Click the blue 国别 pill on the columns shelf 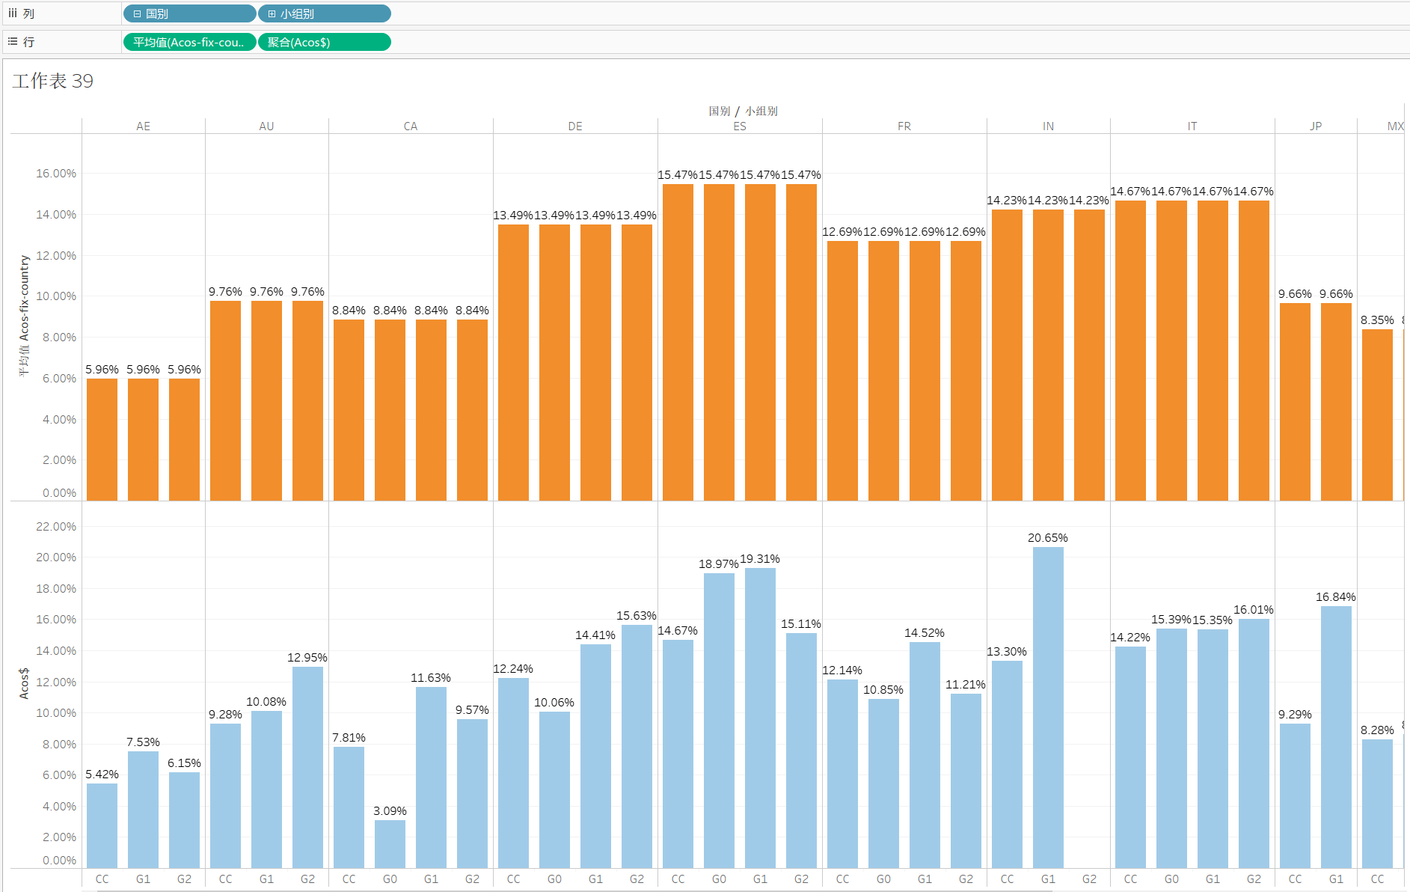coord(188,13)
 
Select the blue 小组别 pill coord(324,13)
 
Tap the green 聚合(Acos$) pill coord(324,42)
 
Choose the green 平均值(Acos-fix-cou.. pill coord(188,42)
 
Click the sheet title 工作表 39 coord(52,81)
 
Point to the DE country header coord(574,126)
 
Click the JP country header coord(1315,126)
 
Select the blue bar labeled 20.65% coord(1048,707)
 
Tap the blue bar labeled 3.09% coord(390,844)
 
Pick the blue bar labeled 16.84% coord(1336,736)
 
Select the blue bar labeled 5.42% coord(102,825)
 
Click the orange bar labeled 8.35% coord(1377,415)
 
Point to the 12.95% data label coord(307,658)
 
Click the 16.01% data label coord(1254,610)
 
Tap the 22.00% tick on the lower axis coord(56,527)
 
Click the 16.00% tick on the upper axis coord(56,174)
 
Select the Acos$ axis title coord(24,683)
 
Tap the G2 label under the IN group coord(1089,879)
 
